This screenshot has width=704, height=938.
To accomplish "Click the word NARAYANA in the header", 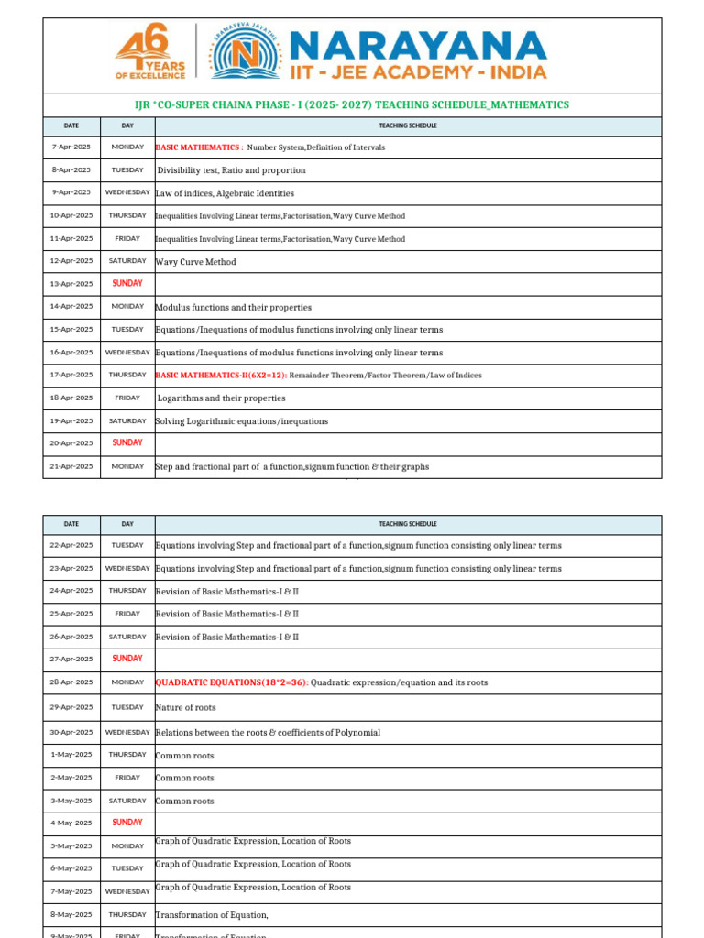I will coord(417,45).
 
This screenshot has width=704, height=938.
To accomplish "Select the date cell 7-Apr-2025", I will coord(71,147).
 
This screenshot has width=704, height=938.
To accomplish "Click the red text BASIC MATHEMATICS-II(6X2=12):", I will coord(221,376).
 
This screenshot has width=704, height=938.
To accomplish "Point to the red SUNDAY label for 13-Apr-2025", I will coord(127,284).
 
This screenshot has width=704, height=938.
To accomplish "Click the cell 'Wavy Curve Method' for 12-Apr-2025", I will coord(196,262).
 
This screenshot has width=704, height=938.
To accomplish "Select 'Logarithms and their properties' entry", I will coord(221,398).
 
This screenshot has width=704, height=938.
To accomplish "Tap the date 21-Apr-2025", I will coord(71,466).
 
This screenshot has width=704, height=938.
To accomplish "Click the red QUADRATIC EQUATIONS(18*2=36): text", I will coord(232,682).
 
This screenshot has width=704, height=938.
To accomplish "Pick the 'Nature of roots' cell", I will coord(186,707).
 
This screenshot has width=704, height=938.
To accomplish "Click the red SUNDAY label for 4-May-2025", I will coord(127,823).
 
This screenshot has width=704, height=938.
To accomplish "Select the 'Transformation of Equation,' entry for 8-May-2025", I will coord(212,914).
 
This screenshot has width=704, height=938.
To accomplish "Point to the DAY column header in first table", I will coord(127,125).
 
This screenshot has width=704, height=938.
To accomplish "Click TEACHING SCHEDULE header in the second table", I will coord(408,524).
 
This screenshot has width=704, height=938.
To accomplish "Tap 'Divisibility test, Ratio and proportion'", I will coord(232,170).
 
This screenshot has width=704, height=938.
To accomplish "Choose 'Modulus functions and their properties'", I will coord(234,307).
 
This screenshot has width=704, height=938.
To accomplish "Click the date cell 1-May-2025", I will coord(71,755).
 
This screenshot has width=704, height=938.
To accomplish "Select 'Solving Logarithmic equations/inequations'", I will coord(242,421).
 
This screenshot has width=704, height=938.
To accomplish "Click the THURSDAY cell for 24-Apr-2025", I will coord(127,591).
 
